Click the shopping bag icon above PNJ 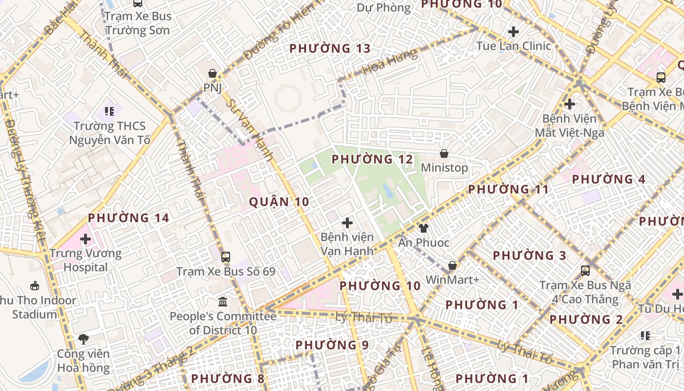pos(213,74)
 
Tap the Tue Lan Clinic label pos(513,46)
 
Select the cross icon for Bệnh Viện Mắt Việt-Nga pos(569,104)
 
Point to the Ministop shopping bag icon pos(444,154)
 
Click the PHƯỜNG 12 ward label pos(372,159)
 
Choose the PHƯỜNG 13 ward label pos(330,48)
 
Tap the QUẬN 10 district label pos(279,201)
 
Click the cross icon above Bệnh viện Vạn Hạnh pos(347,223)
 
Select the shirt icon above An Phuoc pos(424,228)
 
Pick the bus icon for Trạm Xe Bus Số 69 pos(225,257)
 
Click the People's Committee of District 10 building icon pos(223,301)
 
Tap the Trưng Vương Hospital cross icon pos(85,239)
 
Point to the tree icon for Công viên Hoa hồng pos(84,338)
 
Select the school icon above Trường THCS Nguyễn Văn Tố pos(109,111)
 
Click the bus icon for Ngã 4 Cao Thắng pos(585,270)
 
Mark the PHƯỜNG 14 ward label pos(128,218)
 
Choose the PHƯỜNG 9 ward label pos(332,345)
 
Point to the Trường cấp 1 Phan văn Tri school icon pos(645,336)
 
